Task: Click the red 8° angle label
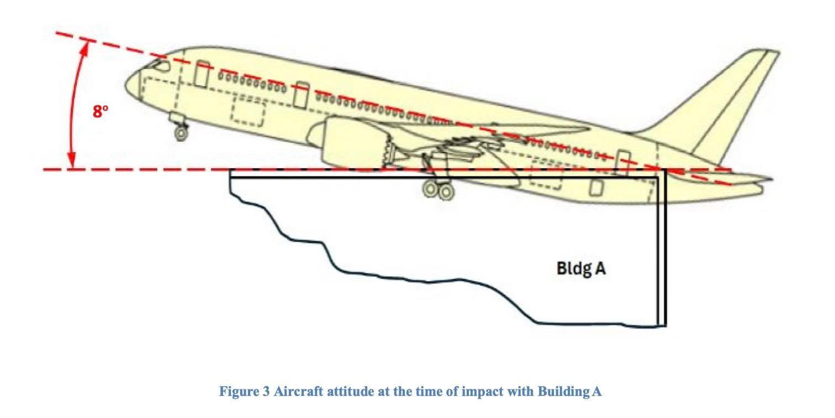point(101,111)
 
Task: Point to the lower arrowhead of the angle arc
point(72,160)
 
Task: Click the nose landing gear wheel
point(181,133)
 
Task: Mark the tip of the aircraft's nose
point(125,85)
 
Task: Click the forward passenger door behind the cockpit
point(202,74)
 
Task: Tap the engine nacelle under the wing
point(350,141)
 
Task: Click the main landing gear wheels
point(438,190)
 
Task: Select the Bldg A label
point(581,269)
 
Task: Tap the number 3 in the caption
point(266,392)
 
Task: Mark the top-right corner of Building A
point(666,170)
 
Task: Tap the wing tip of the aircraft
point(589,129)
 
